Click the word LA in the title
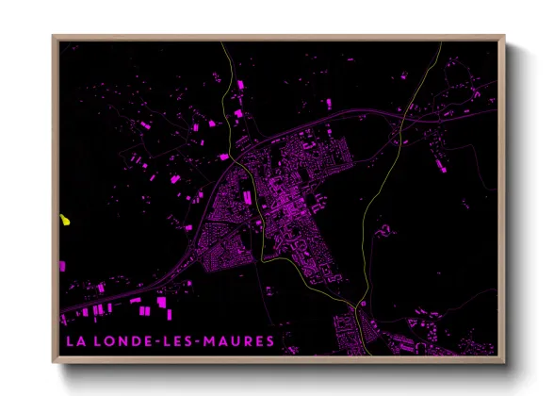(73, 340)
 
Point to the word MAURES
(239, 340)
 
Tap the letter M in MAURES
(211, 340)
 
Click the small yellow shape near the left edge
(64, 221)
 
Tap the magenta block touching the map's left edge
(63, 266)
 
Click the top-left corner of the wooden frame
(54, 37)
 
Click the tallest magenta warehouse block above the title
(161, 302)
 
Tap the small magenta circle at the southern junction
(359, 305)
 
